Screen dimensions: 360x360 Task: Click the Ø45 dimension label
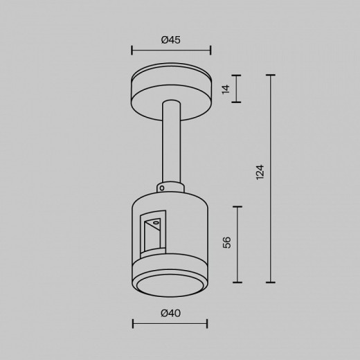pos(170,40)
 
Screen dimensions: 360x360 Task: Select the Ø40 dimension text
pos(170,313)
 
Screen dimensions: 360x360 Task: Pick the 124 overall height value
pos(260,172)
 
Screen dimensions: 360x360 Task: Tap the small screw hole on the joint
pos(161,187)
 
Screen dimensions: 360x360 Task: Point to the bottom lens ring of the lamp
pos(170,285)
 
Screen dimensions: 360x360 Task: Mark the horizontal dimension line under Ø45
pos(170,50)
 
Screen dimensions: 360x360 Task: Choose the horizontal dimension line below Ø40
pos(170,323)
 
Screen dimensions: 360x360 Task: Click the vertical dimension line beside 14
pos(237,89)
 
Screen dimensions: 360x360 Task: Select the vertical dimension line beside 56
pos(237,244)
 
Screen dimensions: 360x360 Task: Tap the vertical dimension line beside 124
pos(270,179)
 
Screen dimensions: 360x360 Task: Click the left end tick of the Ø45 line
pos(132,50)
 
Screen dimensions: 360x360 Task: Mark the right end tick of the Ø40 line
pos(207,323)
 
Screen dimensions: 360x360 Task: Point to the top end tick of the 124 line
pos(270,75)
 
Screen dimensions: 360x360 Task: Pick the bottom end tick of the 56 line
pos(237,282)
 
